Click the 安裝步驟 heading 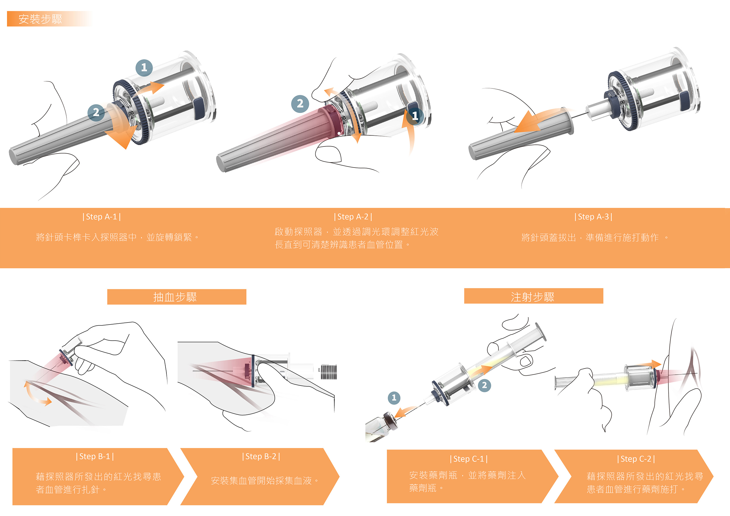click(x=40, y=19)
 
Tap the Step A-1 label click(x=101, y=217)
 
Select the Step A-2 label click(x=353, y=217)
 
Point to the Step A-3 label click(x=593, y=217)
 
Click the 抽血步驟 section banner click(x=176, y=297)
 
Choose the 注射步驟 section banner click(x=533, y=296)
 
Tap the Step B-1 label click(x=95, y=456)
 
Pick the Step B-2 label click(x=261, y=456)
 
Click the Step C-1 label click(x=469, y=459)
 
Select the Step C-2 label click(x=636, y=459)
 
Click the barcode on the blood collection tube click(x=328, y=372)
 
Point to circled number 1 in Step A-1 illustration click(x=144, y=67)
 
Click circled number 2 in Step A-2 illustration click(x=300, y=104)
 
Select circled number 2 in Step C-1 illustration click(x=484, y=386)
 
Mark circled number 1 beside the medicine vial click(x=394, y=398)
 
